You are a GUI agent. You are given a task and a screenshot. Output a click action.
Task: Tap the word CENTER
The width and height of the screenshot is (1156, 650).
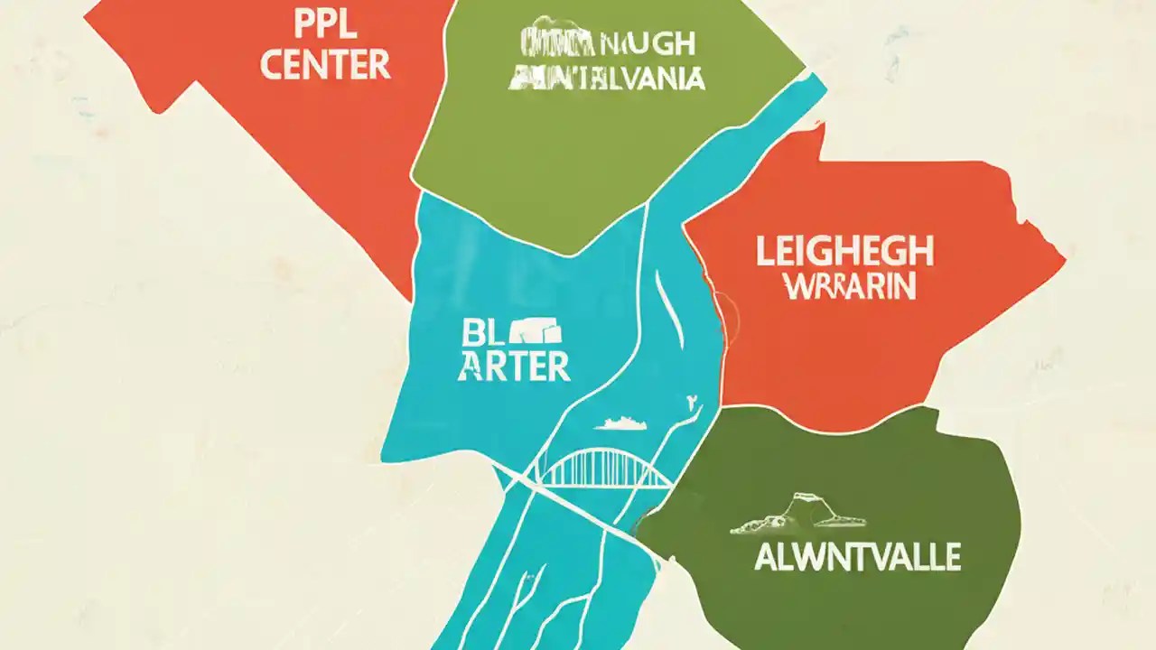coord(325,64)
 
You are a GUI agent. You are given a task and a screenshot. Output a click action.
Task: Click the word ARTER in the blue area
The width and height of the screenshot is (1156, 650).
coord(513,366)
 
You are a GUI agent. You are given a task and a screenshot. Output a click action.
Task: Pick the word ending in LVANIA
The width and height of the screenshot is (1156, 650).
coord(606,79)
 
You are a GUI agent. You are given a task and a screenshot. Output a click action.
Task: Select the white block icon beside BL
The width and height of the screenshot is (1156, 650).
coord(538,333)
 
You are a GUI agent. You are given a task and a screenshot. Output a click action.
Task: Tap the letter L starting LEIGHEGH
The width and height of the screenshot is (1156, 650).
coord(764,253)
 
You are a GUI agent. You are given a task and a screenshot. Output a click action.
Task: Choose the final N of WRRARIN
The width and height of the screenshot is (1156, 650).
coord(906,288)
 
